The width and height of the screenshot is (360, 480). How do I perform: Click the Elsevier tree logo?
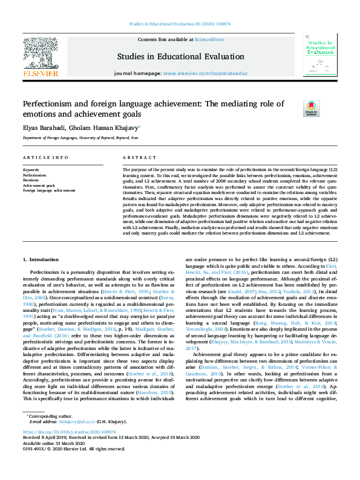coord(41,53)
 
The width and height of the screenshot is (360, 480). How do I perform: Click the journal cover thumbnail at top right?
coord(321,54)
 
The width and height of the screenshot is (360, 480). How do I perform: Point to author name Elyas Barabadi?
coord(44,128)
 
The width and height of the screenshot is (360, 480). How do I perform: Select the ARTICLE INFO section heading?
coord(45,157)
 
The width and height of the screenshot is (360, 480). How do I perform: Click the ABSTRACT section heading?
coord(135,157)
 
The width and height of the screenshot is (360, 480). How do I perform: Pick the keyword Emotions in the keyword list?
coord(31,180)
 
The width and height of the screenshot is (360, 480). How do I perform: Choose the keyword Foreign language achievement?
coord(49,190)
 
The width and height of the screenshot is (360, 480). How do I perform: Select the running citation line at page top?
coord(180,25)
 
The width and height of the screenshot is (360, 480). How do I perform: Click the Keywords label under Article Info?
coord(31,170)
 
